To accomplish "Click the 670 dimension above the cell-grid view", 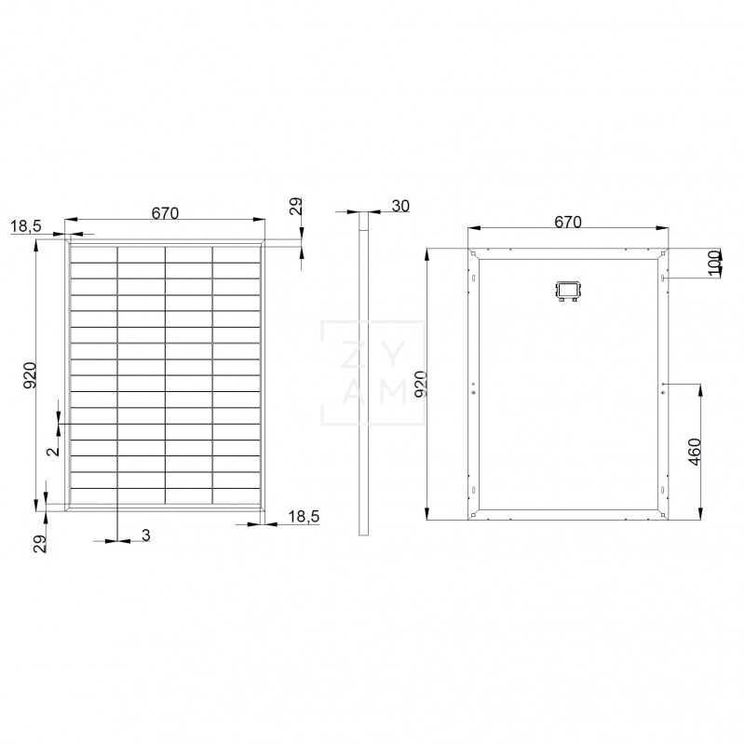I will [164, 213].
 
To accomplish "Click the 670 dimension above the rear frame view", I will [567, 222].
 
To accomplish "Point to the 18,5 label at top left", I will [25, 226].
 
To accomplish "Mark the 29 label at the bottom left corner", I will [40, 544].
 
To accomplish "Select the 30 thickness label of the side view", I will [401, 207].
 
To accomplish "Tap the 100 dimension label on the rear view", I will [714, 263].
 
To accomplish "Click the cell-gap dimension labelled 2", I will [53, 450].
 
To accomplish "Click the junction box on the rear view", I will [566, 291].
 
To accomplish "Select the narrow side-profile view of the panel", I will [364, 372].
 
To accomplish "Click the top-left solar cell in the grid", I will [93, 253].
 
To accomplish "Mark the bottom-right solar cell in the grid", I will [237, 498].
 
